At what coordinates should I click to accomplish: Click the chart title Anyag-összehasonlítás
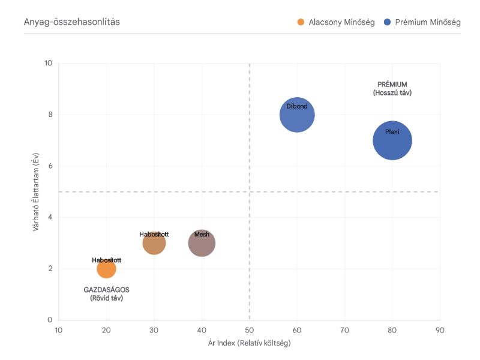coord(72,22)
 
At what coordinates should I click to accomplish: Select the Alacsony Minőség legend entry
coord(336,22)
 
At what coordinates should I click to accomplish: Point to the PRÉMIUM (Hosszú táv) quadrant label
coord(392,89)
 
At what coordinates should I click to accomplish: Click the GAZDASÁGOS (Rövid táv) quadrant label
coord(106,293)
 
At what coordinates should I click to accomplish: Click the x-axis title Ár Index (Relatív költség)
coord(249,343)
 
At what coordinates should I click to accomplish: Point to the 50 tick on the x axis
coord(249,330)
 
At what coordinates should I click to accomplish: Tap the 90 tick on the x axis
coord(440,330)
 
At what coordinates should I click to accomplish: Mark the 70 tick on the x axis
coord(344,330)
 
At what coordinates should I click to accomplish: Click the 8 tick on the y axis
coord(50,115)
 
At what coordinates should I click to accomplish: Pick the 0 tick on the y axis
coord(50,320)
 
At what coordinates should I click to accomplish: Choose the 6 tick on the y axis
coord(50,166)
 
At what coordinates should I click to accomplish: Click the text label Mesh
coord(202,235)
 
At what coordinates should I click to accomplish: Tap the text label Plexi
coord(392,132)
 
